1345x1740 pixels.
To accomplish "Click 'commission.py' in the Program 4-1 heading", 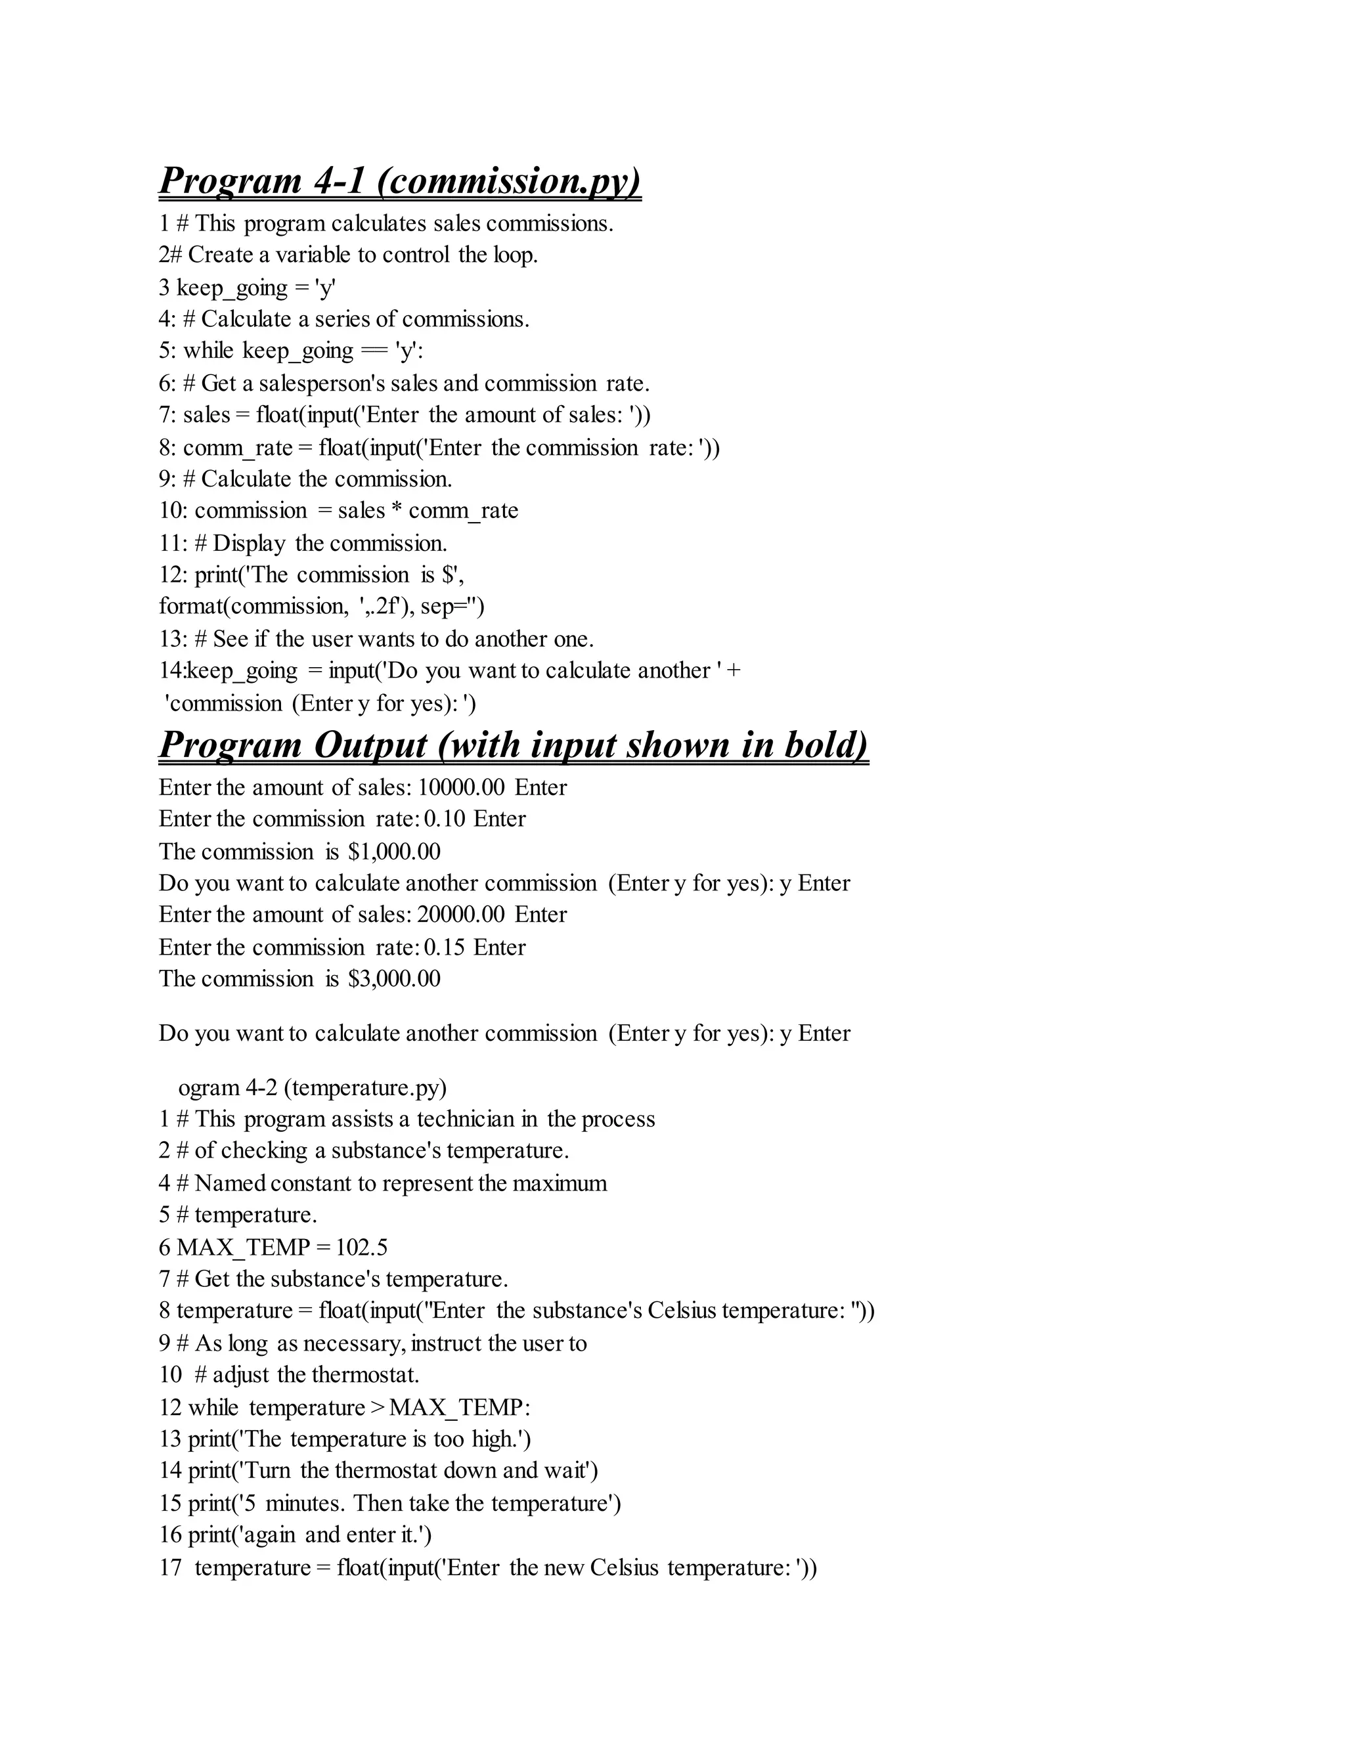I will click(510, 180).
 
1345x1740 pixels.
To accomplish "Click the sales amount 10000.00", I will click(461, 787).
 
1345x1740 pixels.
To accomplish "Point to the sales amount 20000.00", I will click(461, 914).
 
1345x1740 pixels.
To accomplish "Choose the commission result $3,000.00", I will click(395, 978).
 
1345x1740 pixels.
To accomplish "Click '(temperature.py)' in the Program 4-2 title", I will click(365, 1087).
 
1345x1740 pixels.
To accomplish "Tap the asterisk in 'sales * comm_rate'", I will click(397, 511).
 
